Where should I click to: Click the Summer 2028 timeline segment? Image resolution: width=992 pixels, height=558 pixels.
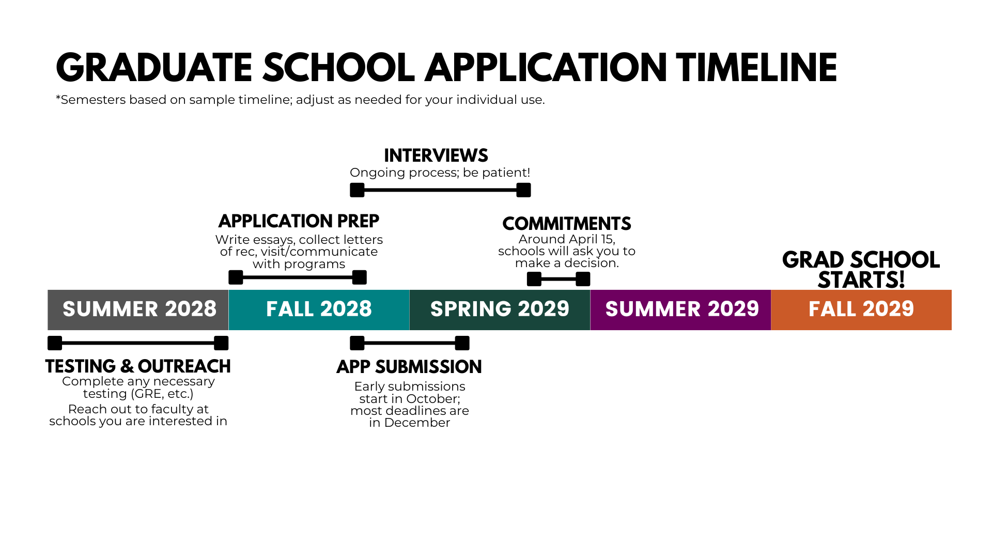click(138, 309)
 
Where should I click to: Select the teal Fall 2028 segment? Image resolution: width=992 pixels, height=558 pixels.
click(319, 309)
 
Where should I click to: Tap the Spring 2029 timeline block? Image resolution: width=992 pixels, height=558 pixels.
click(500, 309)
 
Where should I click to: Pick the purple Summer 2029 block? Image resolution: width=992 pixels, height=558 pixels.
click(680, 309)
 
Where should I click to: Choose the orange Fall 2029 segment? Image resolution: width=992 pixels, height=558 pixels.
click(861, 309)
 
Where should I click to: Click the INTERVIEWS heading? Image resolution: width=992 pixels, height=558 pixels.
click(436, 156)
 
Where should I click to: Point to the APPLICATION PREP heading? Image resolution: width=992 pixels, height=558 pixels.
click(299, 221)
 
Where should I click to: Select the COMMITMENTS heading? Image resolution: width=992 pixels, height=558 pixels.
click(567, 224)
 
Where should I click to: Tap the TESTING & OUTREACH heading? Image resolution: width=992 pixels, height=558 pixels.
click(138, 366)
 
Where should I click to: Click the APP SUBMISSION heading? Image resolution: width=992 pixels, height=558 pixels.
click(409, 367)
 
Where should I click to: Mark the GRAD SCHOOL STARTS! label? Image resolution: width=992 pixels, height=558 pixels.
click(861, 270)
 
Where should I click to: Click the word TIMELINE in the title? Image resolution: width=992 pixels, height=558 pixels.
click(757, 68)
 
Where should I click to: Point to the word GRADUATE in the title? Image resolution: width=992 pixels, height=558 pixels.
click(154, 68)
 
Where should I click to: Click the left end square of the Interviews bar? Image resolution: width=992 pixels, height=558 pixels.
click(357, 190)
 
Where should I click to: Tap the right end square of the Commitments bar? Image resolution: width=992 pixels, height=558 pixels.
click(583, 279)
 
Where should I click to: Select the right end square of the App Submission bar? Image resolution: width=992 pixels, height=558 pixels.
click(462, 343)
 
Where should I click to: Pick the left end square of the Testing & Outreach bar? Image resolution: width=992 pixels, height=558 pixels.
click(55, 343)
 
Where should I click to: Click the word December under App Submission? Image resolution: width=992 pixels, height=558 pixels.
click(417, 423)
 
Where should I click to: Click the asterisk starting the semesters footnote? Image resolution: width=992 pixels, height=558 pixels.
click(58, 98)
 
